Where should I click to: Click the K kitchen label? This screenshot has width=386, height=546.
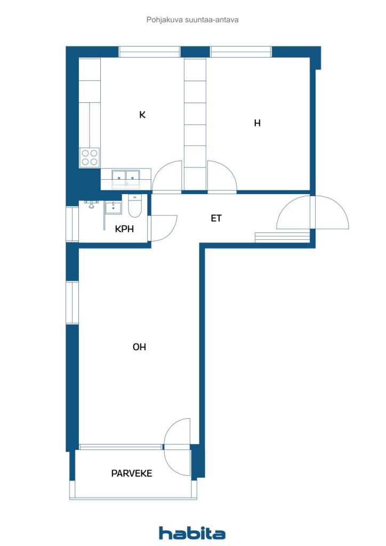coord(142,115)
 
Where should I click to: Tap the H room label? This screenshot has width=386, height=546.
coord(257,123)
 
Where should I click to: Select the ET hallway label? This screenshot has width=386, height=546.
coord(216,218)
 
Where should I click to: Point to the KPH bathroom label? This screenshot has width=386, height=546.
coord(124,229)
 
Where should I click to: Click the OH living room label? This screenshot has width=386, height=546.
coord(139,347)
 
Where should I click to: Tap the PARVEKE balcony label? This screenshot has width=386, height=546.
coord(132,473)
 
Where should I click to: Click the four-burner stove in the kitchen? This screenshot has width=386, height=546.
coord(90,157)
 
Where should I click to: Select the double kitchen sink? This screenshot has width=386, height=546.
coord(126,179)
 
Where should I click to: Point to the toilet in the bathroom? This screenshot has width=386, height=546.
coord(135,206)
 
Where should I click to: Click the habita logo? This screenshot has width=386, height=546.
coord(192,533)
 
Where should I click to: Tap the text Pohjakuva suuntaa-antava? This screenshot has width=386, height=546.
coord(192,20)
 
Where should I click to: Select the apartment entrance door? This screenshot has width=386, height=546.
coord(312,212)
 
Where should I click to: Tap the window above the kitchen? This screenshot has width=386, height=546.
coord(150,52)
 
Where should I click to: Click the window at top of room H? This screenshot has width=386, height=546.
coord(241,52)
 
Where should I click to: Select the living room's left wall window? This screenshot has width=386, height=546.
coord(72,303)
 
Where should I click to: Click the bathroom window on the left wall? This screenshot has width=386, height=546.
coord(72,224)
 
